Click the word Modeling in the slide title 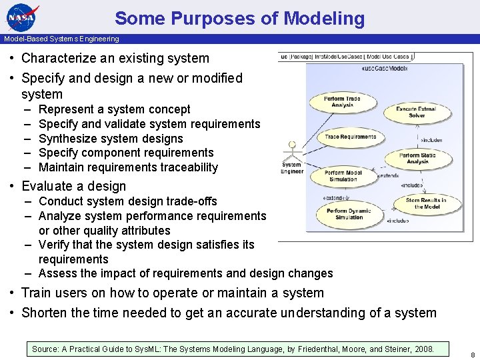pos(324,18)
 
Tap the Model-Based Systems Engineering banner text pos(61,39)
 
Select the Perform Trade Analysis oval pos(343,102)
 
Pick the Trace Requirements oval pos(350,137)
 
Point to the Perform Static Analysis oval pos(418,159)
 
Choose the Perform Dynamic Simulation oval pos(349,214)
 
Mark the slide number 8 pos(472,354)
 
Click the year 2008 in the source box pos(423,349)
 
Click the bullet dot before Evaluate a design pos(13,186)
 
